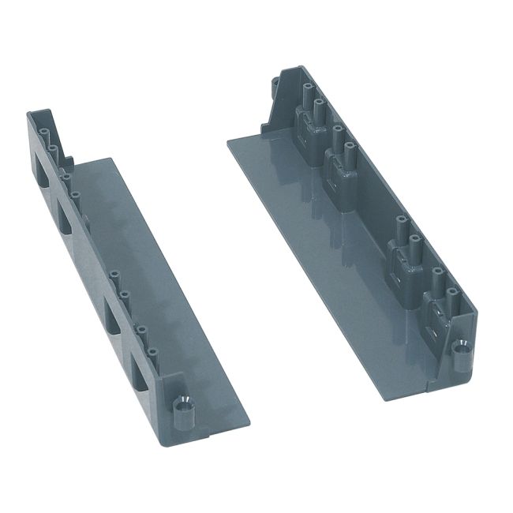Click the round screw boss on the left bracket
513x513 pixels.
183,408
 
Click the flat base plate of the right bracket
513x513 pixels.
347,260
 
